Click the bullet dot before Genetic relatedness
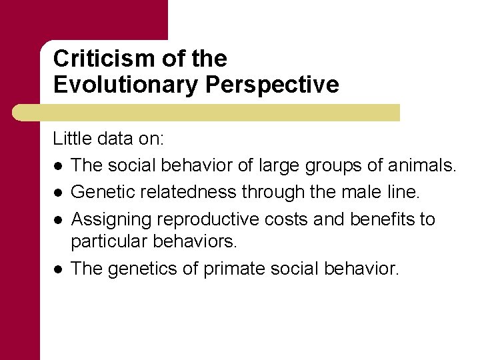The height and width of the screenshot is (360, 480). [58, 193]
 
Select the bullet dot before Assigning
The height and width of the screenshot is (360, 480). [58, 220]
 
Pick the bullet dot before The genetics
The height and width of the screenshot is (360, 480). [58, 269]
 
